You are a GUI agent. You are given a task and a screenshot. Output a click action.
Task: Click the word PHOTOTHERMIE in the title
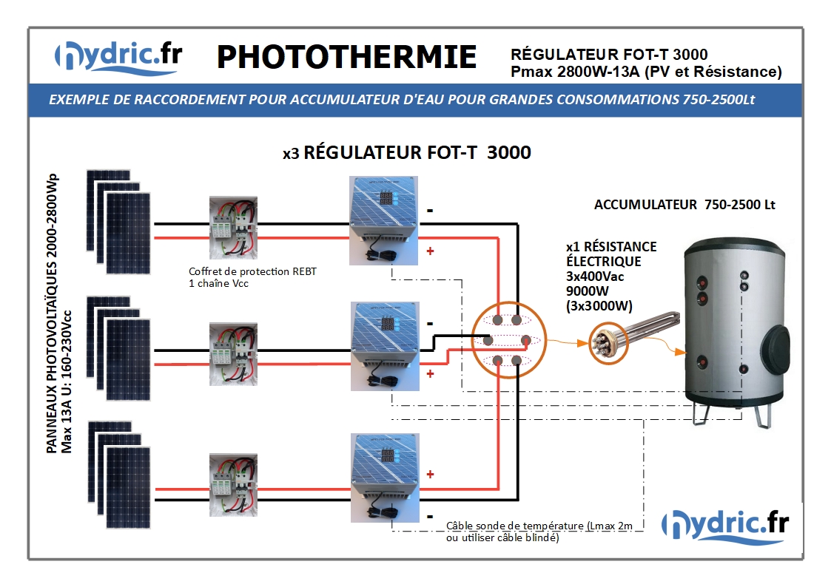tap(346, 57)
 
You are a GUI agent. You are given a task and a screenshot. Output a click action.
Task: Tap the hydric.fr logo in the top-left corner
tap(118, 57)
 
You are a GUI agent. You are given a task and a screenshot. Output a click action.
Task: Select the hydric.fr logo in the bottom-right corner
tap(725, 525)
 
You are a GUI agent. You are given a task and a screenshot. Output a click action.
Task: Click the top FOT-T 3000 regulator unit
tap(384, 221)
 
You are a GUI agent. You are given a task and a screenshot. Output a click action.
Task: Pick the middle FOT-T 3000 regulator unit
tap(386, 346)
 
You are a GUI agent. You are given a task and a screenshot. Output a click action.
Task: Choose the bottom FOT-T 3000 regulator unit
tap(386, 478)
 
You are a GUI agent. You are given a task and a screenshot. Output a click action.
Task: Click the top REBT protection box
tap(233, 228)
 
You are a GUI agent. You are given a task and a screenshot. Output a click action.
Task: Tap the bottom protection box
tap(233, 485)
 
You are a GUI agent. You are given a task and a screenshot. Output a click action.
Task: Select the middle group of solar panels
tap(118, 348)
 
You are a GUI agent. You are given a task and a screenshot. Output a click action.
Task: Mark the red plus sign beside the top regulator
tap(431, 251)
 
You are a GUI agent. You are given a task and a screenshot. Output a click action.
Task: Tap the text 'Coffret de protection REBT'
tap(252, 271)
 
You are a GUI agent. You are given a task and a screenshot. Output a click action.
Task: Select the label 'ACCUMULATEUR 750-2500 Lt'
tap(684, 205)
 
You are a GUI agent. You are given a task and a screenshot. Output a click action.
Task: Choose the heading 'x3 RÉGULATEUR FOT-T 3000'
tap(406, 152)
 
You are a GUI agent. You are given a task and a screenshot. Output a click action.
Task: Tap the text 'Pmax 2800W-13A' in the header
tap(575, 72)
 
